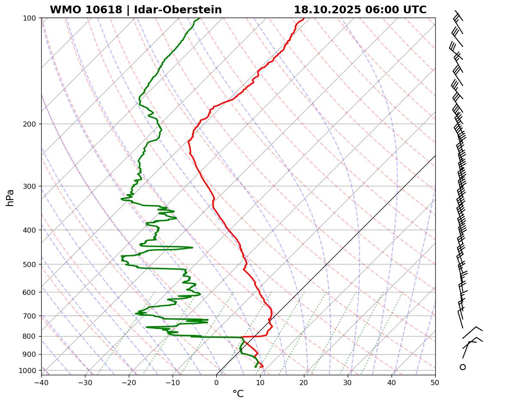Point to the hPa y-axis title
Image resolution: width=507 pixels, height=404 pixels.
point(10,198)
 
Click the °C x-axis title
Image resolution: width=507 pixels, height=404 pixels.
point(238,394)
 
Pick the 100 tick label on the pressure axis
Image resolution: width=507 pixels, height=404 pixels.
point(30,18)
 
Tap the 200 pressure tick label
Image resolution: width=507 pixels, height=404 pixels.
point(30,124)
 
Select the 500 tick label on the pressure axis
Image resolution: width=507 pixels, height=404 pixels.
point(30,264)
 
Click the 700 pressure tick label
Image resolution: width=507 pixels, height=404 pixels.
point(30,316)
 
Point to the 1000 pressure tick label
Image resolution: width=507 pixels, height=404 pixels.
point(28,371)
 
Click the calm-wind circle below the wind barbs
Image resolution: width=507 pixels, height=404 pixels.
point(462,367)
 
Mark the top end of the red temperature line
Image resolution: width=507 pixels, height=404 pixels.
point(304,18)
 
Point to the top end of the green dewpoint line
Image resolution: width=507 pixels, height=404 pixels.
point(200,18)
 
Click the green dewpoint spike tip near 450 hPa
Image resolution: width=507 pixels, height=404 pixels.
point(192,247)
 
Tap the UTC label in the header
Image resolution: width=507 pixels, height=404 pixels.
point(414,10)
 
